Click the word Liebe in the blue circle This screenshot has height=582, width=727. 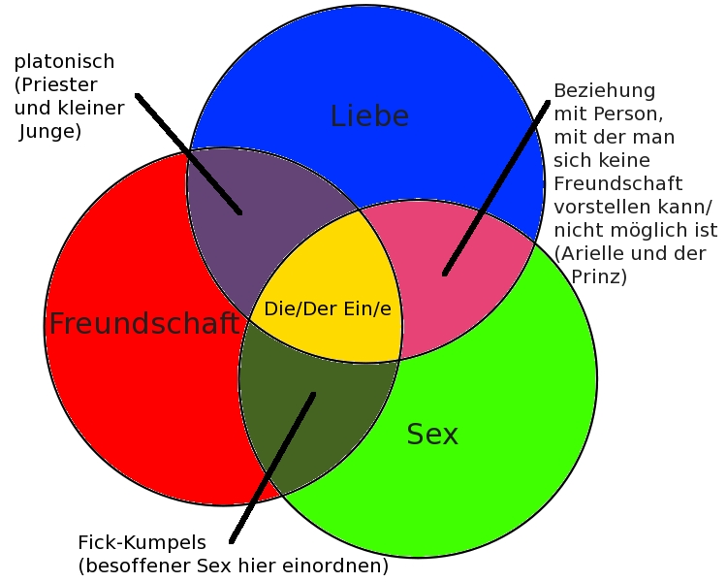pyautogui.click(x=369, y=116)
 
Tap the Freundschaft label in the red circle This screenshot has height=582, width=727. pyautogui.click(x=143, y=324)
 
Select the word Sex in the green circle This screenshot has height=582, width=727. pyautogui.click(x=432, y=435)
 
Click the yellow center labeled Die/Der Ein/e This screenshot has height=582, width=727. pyautogui.click(x=328, y=308)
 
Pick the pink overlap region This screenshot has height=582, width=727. pyautogui.click(x=465, y=281)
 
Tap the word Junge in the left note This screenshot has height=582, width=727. pyautogui.click(x=47, y=131)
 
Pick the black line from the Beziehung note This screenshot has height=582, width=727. pyautogui.click(x=495, y=184)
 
